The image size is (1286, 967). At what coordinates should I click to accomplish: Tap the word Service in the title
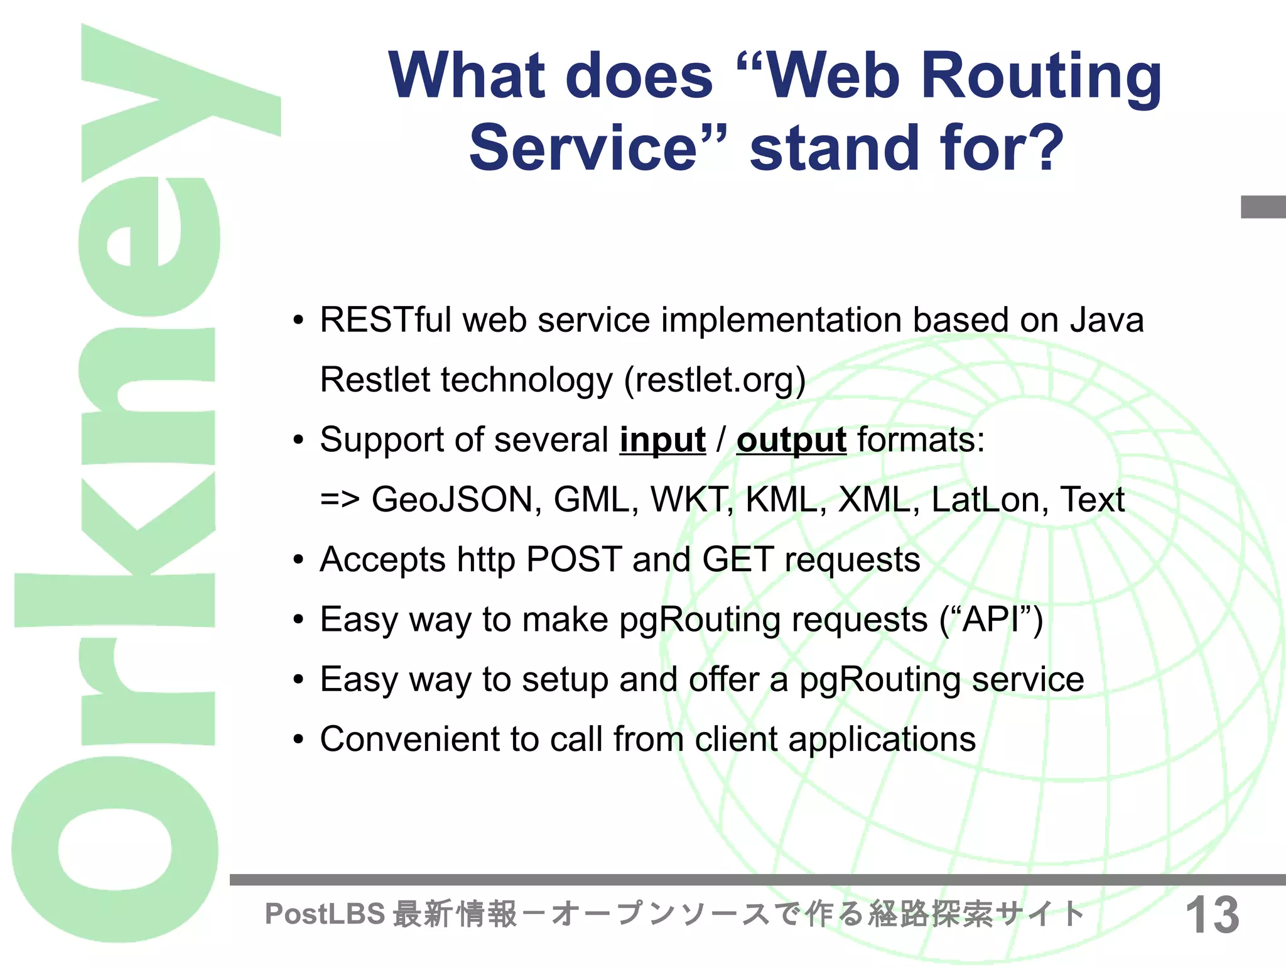pos(584,148)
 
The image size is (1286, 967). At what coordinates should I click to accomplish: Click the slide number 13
pos(1212,915)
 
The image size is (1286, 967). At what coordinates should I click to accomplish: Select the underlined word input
pos(662,440)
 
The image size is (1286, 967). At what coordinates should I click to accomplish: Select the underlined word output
pos(791,440)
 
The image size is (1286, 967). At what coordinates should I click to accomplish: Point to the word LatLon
pos(984,500)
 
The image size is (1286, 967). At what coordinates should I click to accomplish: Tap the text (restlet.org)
pos(715,380)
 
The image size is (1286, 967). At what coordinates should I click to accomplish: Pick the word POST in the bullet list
pos(574,559)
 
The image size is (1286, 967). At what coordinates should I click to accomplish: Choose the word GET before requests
pos(737,559)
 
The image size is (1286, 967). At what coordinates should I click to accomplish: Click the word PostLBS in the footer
pos(325,914)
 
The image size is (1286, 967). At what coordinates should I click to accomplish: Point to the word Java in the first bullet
pos(1107,320)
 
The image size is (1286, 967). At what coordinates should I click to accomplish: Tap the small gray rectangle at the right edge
pos(1263,207)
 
